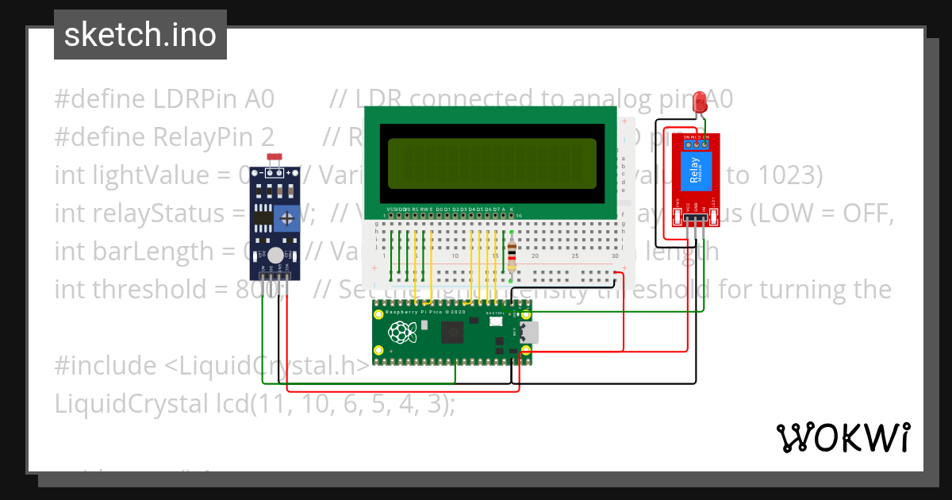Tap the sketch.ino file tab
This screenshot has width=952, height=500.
tap(140, 35)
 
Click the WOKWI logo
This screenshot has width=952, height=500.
tap(843, 437)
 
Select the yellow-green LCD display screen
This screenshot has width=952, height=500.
tap(492, 163)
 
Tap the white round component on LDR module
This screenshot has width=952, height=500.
tap(275, 255)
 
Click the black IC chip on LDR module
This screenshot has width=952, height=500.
tap(260, 217)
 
